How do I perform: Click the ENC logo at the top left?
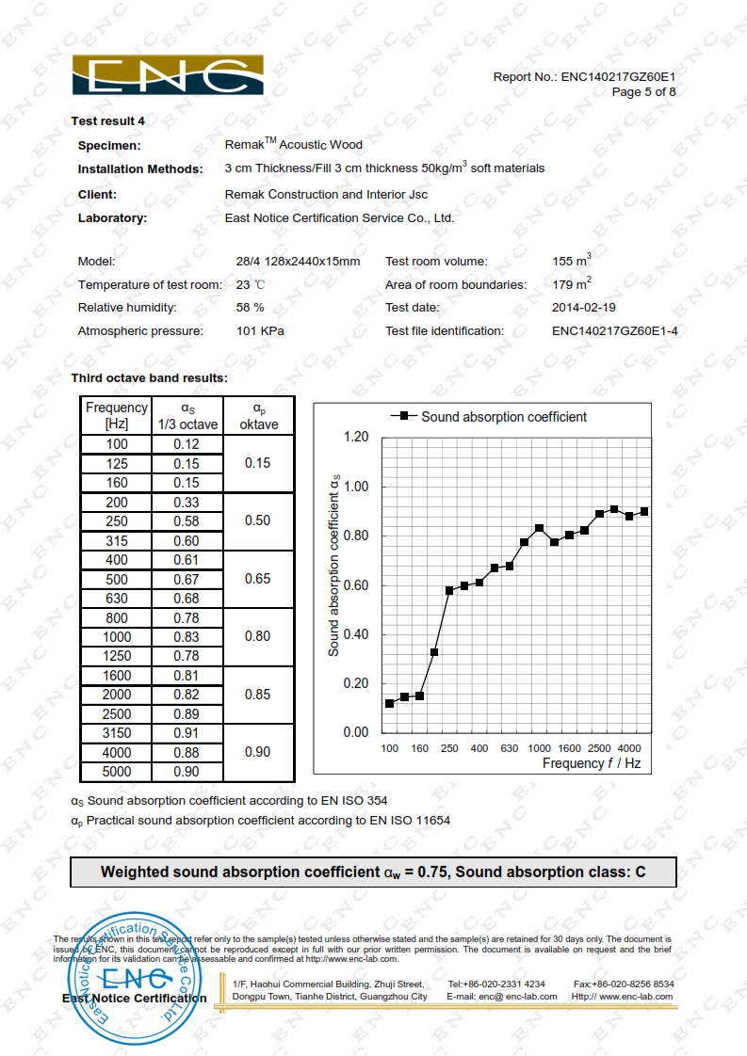point(168,75)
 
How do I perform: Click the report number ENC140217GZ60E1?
point(619,77)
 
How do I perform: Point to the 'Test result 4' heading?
point(108,120)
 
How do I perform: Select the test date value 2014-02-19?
point(584,308)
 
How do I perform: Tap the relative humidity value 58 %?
point(250,308)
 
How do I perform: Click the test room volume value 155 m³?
point(571,261)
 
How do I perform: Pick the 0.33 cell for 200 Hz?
point(187,503)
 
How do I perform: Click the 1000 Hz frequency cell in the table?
point(117,637)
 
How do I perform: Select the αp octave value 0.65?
point(257,579)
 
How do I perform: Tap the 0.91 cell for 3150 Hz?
point(187,733)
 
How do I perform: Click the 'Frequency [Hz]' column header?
point(117,415)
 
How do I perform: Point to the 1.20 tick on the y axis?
point(356,438)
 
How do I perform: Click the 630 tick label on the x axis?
point(510,748)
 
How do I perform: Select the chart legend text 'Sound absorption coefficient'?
point(503,416)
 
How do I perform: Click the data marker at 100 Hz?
point(389,703)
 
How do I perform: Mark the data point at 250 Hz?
point(449,590)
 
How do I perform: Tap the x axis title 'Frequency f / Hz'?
point(591,763)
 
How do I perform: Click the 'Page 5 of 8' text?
point(643,92)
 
